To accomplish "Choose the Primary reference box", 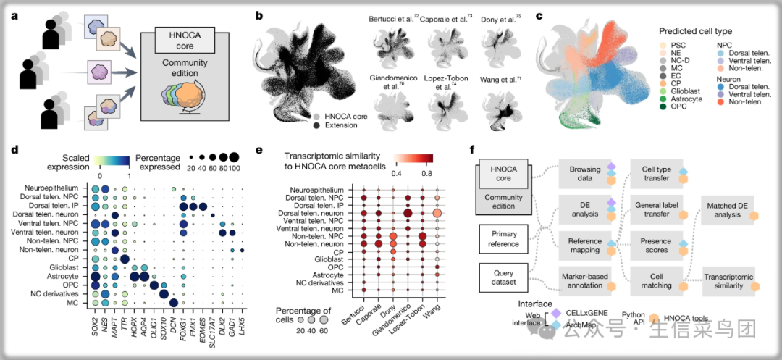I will click(503, 239).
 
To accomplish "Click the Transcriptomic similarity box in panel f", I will click(728, 282).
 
